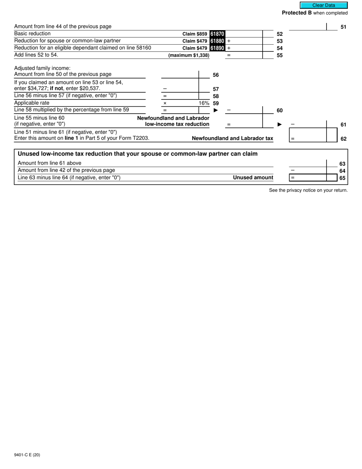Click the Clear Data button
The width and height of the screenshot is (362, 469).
tap(324, 5)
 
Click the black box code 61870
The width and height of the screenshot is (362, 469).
tap(217, 34)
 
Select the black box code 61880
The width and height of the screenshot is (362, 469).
tap(217, 41)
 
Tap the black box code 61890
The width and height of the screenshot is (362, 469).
tap(217, 48)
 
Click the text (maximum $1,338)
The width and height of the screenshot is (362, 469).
tap(189, 55)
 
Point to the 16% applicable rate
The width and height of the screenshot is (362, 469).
tap(204, 103)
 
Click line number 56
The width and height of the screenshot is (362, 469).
tap(216, 75)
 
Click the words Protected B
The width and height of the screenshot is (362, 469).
tap(296, 13)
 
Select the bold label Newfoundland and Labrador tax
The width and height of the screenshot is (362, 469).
tap(232, 138)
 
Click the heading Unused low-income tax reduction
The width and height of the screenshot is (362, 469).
tap(138, 154)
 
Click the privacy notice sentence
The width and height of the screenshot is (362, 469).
tap(308, 190)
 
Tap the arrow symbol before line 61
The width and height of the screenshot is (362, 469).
tap(279, 124)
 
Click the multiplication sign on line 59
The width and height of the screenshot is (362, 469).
tap(165, 103)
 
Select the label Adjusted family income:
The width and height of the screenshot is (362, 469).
tap(42, 68)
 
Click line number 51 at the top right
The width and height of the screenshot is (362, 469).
tap(343, 27)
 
